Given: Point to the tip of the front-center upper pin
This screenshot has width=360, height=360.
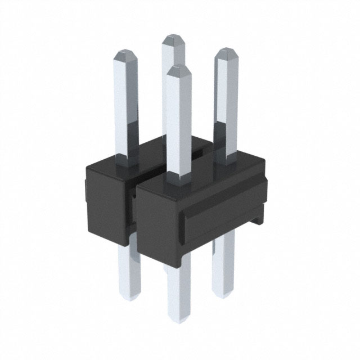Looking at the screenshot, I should pos(179,70).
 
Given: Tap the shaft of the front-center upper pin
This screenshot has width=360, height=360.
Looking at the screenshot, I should pos(179,124).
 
